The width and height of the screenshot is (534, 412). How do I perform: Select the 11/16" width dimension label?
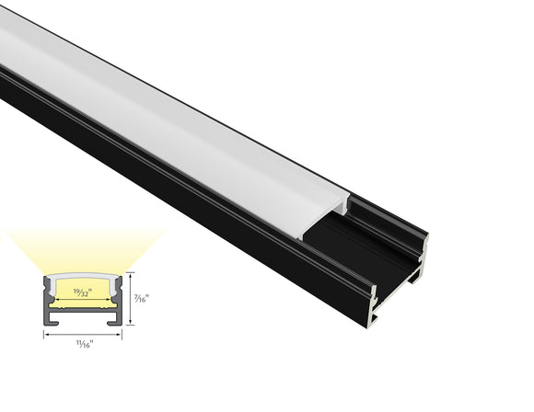tap(83, 344)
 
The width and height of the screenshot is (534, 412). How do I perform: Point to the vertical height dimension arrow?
tap(129, 298)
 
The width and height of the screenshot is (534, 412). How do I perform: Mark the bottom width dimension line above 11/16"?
tap(83, 334)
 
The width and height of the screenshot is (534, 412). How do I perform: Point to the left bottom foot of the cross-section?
tap(51, 322)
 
